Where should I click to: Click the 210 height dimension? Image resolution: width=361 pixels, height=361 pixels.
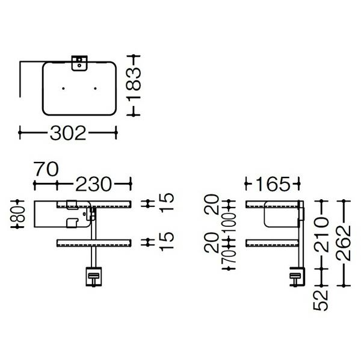pos(324,236)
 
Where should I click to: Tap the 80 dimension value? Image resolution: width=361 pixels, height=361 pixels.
pos(20,214)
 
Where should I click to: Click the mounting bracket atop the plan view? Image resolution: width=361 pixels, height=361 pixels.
pos(79,62)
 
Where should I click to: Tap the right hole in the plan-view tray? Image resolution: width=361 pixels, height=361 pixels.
pos(95,88)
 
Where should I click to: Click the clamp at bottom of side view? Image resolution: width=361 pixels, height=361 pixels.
pos(297,279)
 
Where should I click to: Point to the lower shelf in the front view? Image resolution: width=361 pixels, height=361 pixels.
pos(93,242)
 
